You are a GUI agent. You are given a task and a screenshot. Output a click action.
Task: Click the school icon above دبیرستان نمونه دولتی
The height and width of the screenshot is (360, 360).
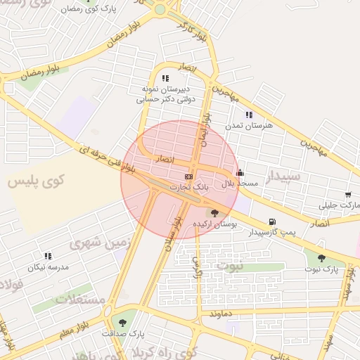pos(165,79)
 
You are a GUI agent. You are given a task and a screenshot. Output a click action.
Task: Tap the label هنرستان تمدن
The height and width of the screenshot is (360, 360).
pos(243,124)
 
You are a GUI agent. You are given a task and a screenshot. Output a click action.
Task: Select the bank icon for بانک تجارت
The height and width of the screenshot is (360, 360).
pos(188,176)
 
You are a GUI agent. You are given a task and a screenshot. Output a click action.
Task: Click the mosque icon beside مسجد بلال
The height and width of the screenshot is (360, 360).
pos(240,172)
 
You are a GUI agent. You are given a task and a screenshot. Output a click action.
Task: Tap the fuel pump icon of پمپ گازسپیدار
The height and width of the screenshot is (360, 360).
pos(271,221)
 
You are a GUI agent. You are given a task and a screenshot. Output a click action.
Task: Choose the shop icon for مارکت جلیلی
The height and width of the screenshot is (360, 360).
pos(348,195)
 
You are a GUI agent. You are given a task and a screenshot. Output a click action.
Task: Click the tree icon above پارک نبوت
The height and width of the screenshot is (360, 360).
pos(321,258)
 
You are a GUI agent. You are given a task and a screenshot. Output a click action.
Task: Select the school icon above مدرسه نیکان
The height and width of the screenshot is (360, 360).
pos(48,257)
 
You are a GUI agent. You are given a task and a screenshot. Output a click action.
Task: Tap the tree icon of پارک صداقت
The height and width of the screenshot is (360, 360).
pos(123,323)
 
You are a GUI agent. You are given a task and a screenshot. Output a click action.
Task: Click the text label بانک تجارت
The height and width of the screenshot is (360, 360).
pos(187,187)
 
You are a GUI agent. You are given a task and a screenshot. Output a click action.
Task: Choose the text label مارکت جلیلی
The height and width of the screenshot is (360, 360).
pos(334,205)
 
